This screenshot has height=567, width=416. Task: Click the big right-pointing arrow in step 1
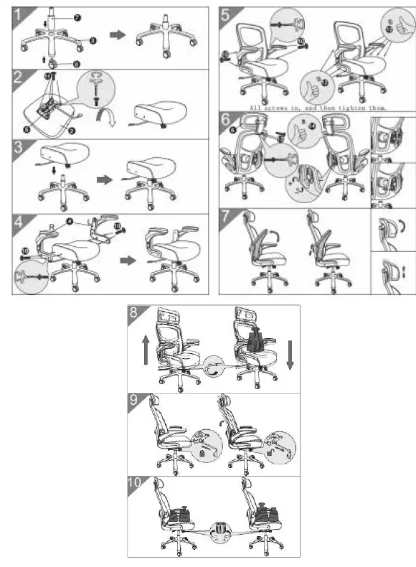tap(115, 33)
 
